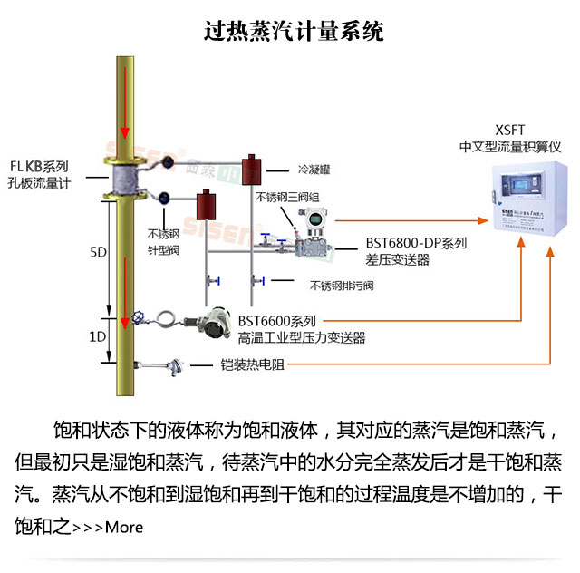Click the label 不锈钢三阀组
287,196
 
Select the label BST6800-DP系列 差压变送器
416,251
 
